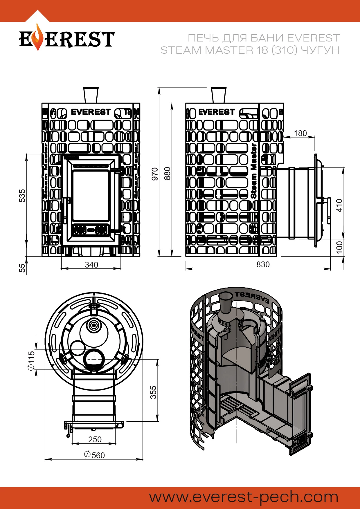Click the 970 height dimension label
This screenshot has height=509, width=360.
(x=155, y=174)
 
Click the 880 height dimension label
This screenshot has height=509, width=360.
(x=168, y=174)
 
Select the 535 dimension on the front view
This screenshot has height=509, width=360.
(x=22, y=196)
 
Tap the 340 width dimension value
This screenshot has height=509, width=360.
(x=91, y=265)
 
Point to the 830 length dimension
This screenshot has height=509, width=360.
(x=263, y=264)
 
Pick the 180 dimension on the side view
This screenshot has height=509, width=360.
(x=300, y=133)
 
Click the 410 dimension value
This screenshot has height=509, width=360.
(x=339, y=205)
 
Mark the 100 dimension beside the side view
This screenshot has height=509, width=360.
(x=339, y=247)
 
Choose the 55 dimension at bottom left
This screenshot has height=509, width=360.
(x=22, y=268)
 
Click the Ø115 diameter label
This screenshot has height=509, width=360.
(x=31, y=360)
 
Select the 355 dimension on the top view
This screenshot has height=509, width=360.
(x=153, y=392)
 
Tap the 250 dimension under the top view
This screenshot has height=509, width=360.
(x=95, y=439)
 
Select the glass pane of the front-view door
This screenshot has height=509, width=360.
(x=91, y=196)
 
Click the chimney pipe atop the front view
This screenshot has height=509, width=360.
(x=91, y=95)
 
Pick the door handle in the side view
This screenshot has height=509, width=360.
(x=329, y=210)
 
